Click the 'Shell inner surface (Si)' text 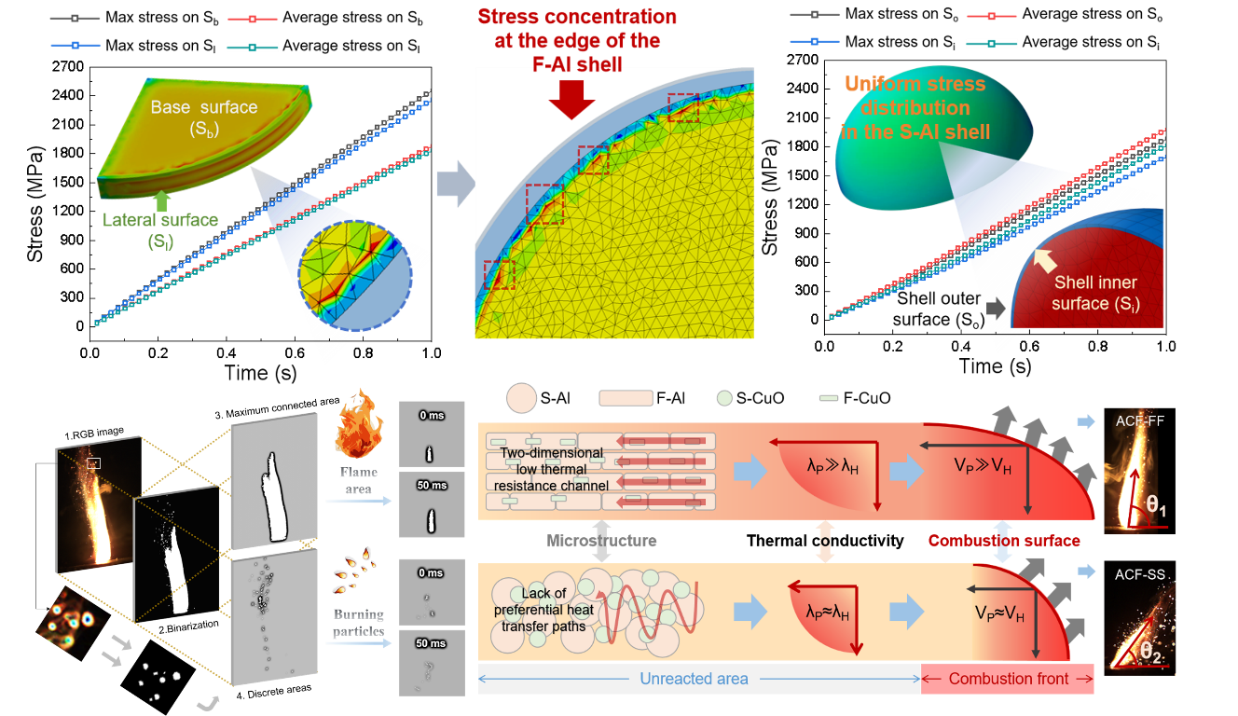click(1095, 293)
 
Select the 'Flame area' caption click(358, 481)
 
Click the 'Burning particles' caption click(359, 623)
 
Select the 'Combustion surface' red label click(1004, 541)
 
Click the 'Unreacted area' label click(694, 679)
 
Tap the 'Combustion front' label click(1009, 679)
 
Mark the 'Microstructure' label click(601, 541)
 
